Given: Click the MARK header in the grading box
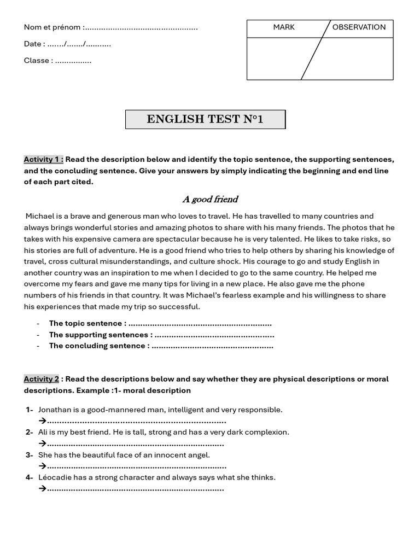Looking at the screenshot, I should coord(284,27).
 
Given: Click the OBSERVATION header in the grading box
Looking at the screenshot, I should coord(359,27).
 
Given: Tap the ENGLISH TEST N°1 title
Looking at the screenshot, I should coord(205,119).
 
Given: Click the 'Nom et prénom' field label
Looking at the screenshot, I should coord(53,27).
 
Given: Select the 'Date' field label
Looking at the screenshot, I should coord(33,44).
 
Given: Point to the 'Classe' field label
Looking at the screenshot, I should coord(37,61).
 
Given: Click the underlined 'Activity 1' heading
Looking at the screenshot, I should coord(43,160).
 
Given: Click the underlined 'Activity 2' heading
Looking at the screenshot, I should coord(41,379).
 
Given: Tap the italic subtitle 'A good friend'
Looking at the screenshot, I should coord(210,199).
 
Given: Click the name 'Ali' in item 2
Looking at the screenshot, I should coord(43,432).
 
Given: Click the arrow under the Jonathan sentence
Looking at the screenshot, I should coord(42,421).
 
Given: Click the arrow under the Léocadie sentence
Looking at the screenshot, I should coord(42,489).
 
